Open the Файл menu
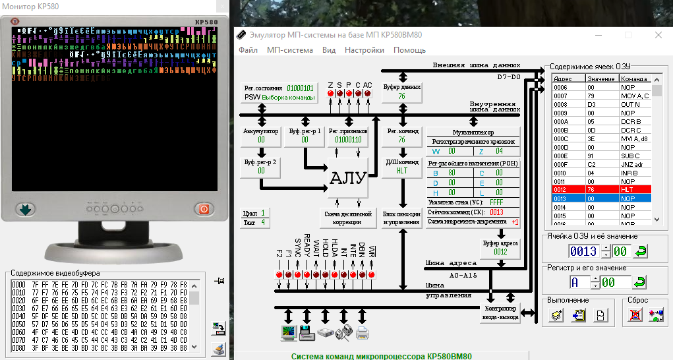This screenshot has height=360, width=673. [x=248, y=50]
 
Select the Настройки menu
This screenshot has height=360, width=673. [x=364, y=50]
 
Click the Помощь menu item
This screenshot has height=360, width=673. [x=409, y=50]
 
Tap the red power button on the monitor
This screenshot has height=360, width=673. [x=204, y=209]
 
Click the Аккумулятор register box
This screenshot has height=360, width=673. [x=262, y=136]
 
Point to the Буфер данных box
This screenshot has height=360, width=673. [x=401, y=92]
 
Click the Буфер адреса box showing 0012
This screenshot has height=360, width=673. [x=500, y=247]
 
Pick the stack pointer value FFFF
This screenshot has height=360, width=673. [x=496, y=202]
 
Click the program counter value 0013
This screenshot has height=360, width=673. [x=496, y=212]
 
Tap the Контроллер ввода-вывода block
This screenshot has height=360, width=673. [x=500, y=313]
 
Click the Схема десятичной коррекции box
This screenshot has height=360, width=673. [x=347, y=218]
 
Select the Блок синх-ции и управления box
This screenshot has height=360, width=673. [x=401, y=218]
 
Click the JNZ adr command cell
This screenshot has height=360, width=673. [x=635, y=164]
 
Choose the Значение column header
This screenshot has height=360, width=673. [x=601, y=78]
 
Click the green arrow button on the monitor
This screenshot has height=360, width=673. [x=25, y=209]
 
